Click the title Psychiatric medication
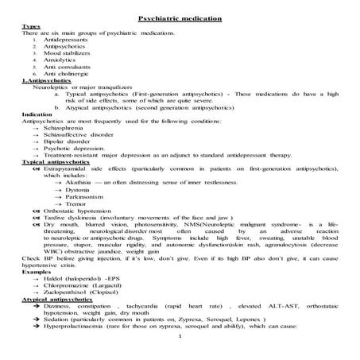tap(180, 17)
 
